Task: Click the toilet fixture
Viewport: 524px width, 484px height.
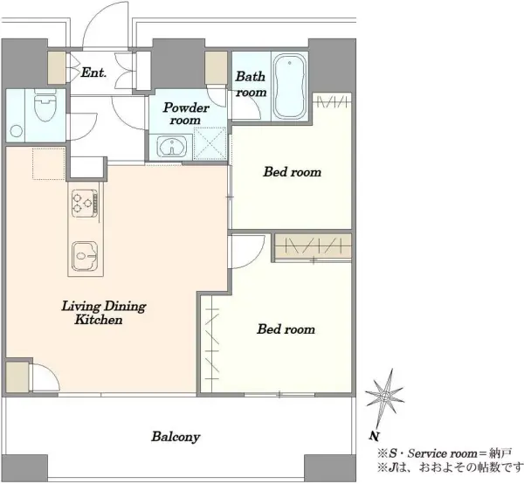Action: [x=45, y=106]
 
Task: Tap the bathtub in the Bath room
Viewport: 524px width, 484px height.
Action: [x=289, y=86]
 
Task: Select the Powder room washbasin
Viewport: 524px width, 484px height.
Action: [x=172, y=146]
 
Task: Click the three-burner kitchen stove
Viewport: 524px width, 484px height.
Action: [x=85, y=203]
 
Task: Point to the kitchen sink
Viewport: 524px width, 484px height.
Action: [x=85, y=256]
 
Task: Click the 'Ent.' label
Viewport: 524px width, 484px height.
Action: [x=93, y=73]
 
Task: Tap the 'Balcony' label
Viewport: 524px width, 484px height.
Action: [x=176, y=437]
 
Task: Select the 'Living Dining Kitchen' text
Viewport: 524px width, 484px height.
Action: [x=104, y=313]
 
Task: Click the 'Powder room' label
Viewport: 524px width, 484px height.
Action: [x=186, y=114]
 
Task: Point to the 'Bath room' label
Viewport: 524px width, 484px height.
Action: [x=251, y=84]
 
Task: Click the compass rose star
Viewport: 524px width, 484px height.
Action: [x=385, y=398]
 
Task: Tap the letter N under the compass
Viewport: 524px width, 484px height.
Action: [x=375, y=436]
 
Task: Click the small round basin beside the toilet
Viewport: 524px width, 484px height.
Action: [x=17, y=131]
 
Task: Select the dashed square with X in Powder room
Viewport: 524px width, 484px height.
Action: [x=210, y=143]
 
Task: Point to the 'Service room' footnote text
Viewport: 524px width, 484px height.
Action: [x=444, y=453]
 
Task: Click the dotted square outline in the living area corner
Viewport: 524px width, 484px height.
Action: [x=48, y=163]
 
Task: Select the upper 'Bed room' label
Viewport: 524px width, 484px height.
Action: [x=293, y=172]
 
